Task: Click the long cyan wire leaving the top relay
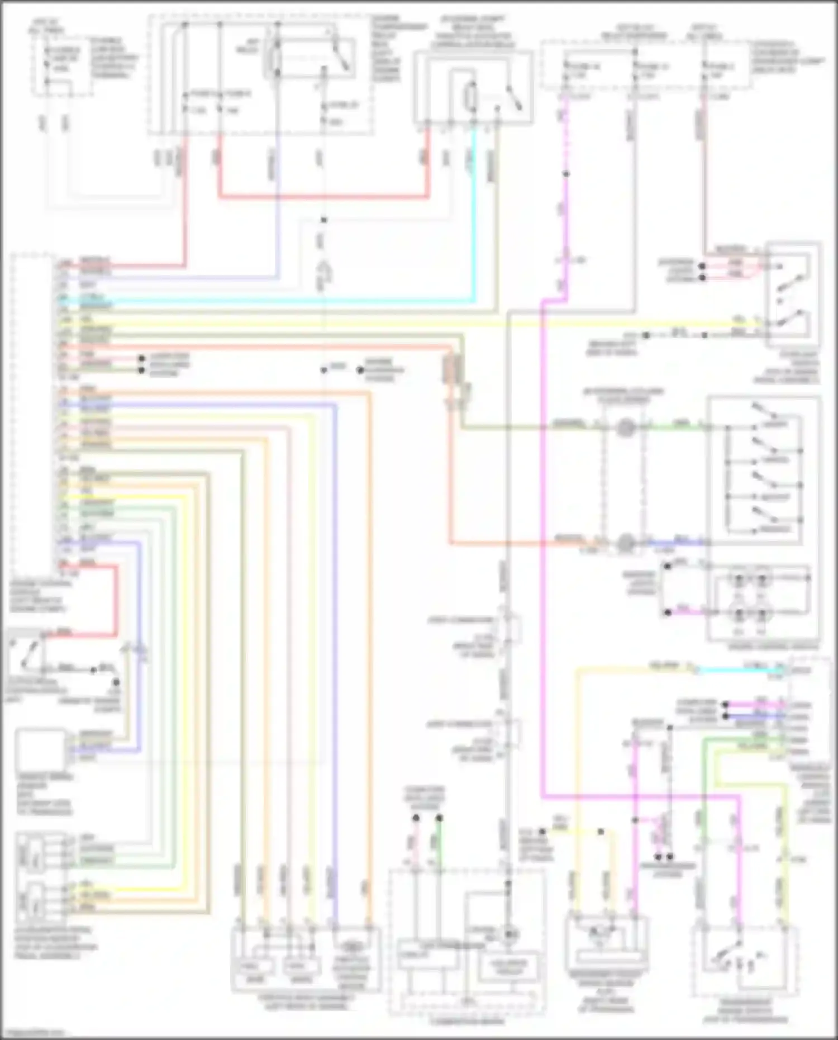tap(474, 224)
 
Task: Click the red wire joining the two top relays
tap(324, 197)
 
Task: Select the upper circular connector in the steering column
tap(625, 429)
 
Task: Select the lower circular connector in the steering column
tap(625, 542)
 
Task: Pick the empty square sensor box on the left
tap(40, 749)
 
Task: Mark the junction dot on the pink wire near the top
tap(566, 174)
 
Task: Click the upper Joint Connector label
tap(461, 620)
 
